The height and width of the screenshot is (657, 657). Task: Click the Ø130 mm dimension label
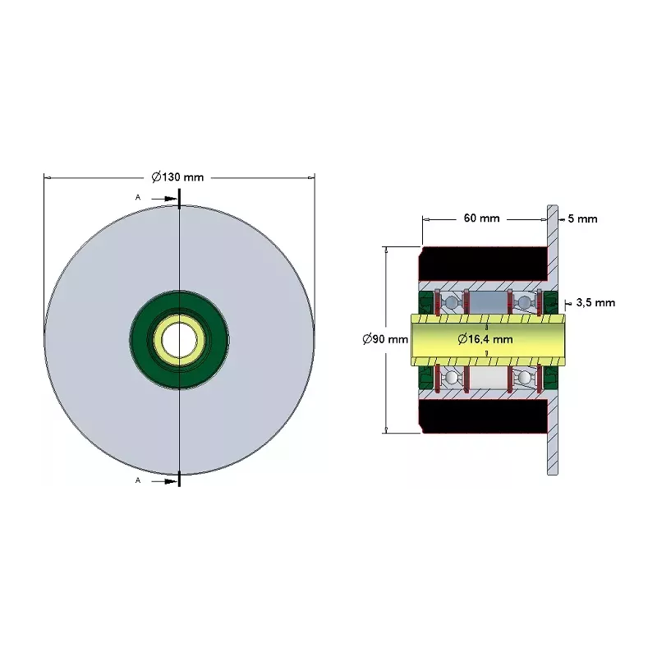click(177, 177)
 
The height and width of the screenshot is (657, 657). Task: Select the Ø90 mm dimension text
click(385, 338)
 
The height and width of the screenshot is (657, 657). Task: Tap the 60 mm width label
click(481, 218)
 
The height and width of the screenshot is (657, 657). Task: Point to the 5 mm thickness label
click(582, 218)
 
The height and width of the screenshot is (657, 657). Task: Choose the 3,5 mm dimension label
click(595, 302)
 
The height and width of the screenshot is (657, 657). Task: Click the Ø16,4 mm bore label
click(485, 338)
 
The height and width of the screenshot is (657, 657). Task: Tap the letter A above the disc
click(137, 197)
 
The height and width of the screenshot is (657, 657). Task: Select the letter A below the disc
click(137, 480)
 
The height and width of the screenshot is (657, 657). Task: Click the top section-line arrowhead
click(172, 199)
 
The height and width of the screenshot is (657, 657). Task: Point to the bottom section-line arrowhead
click(172, 482)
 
